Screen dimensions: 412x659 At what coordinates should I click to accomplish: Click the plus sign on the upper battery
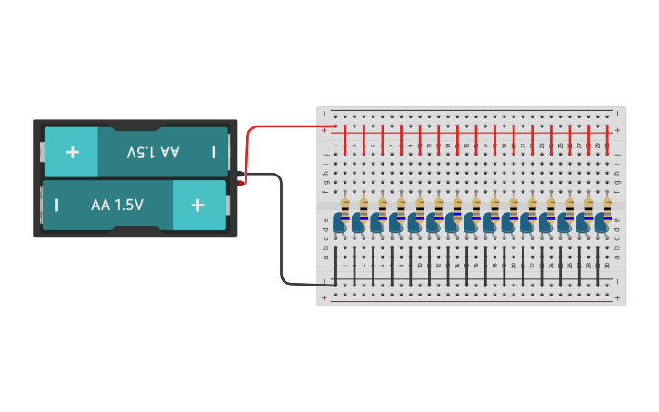tap(72, 151)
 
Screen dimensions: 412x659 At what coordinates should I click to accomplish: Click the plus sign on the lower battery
tap(197, 205)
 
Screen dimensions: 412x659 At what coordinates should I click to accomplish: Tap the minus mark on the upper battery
tap(214, 151)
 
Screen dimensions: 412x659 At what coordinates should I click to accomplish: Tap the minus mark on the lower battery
tap(56, 205)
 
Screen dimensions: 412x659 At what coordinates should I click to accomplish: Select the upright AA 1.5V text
tap(117, 205)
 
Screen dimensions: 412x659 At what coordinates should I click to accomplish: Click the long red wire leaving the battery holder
tap(273, 127)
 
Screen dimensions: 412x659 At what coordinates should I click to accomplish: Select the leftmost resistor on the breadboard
tap(344, 207)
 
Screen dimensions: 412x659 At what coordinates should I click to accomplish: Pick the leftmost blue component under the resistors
tap(340, 223)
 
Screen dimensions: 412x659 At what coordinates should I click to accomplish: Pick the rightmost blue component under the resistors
tap(602, 223)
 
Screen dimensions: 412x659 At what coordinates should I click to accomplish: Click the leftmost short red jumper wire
tap(345, 139)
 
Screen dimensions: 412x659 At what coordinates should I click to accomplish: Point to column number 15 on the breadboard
tap(466, 146)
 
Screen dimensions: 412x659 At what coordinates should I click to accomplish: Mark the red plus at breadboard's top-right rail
tap(618, 130)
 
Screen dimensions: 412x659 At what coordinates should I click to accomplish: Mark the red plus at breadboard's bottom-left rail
tap(325, 296)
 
